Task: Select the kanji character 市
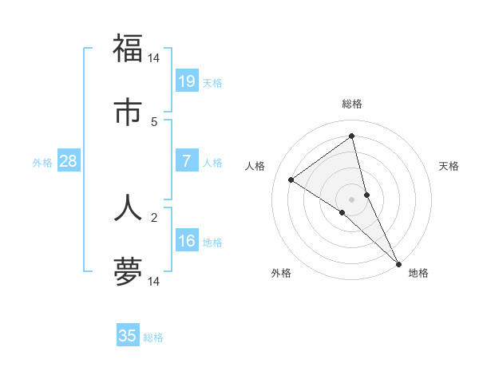tap(128, 112)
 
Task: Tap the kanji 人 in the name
tap(128, 207)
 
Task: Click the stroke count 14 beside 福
tap(154, 58)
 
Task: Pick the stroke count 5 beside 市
tap(154, 122)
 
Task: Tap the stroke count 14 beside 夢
tap(154, 282)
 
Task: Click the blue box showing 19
tap(187, 81)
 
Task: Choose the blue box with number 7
tap(187, 161)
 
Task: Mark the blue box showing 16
tap(187, 241)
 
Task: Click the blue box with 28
tap(69, 161)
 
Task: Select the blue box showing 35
tap(128, 336)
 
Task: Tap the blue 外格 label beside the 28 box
tap(42, 163)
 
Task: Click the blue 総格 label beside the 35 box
tap(153, 337)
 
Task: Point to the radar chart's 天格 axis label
tap(449, 166)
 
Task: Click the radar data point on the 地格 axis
tap(398, 262)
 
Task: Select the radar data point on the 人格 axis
tap(291, 180)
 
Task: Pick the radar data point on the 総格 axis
tap(352, 136)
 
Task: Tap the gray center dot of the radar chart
tap(352, 199)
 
